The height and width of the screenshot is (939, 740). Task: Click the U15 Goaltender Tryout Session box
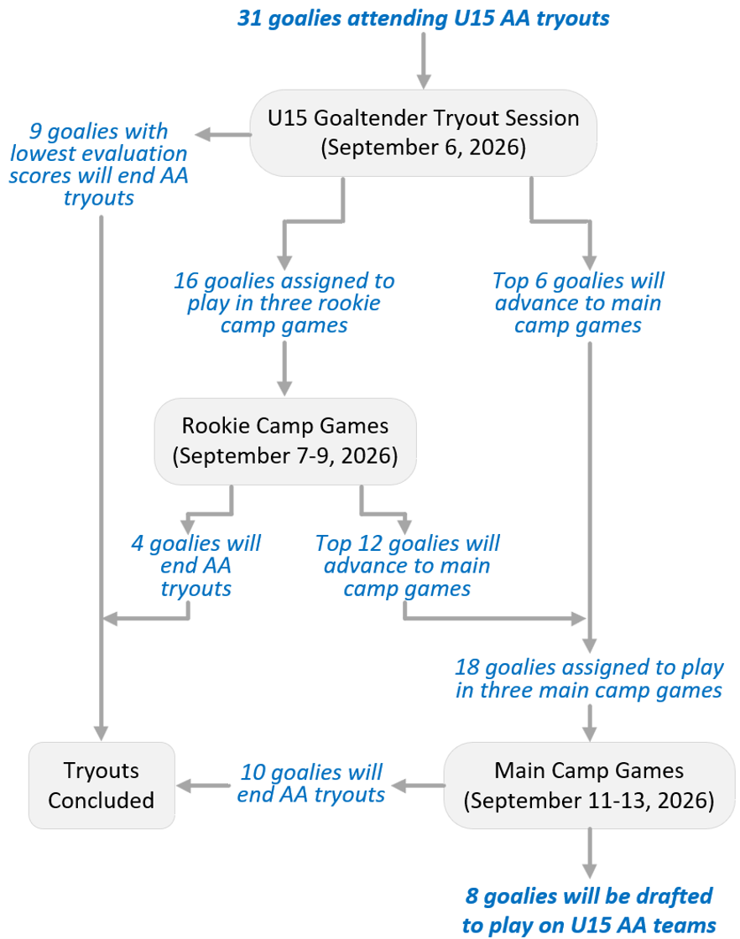[x=423, y=133]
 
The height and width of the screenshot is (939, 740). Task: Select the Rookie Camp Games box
[x=285, y=441]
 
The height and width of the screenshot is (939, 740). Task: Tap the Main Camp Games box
[x=589, y=786]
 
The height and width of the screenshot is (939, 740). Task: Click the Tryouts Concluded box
[x=102, y=786]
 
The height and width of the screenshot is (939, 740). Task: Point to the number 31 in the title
[x=250, y=18]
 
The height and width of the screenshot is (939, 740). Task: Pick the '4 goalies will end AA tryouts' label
[x=196, y=566]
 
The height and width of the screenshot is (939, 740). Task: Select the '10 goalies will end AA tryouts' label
[x=311, y=783]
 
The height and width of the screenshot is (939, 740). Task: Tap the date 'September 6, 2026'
[x=423, y=148]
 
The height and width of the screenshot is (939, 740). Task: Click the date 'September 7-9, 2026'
[x=285, y=456]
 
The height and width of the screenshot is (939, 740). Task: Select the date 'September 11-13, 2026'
[x=589, y=801]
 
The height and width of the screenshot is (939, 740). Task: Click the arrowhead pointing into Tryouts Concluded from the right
[x=184, y=786]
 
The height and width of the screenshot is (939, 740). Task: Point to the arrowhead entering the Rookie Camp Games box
[x=284, y=387]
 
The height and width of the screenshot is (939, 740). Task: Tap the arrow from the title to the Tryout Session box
[x=424, y=60]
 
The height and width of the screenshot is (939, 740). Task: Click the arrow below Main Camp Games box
[x=590, y=853]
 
